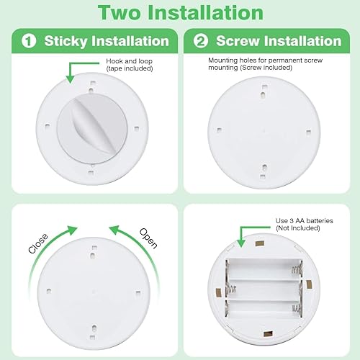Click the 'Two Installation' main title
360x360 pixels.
[180, 13]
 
